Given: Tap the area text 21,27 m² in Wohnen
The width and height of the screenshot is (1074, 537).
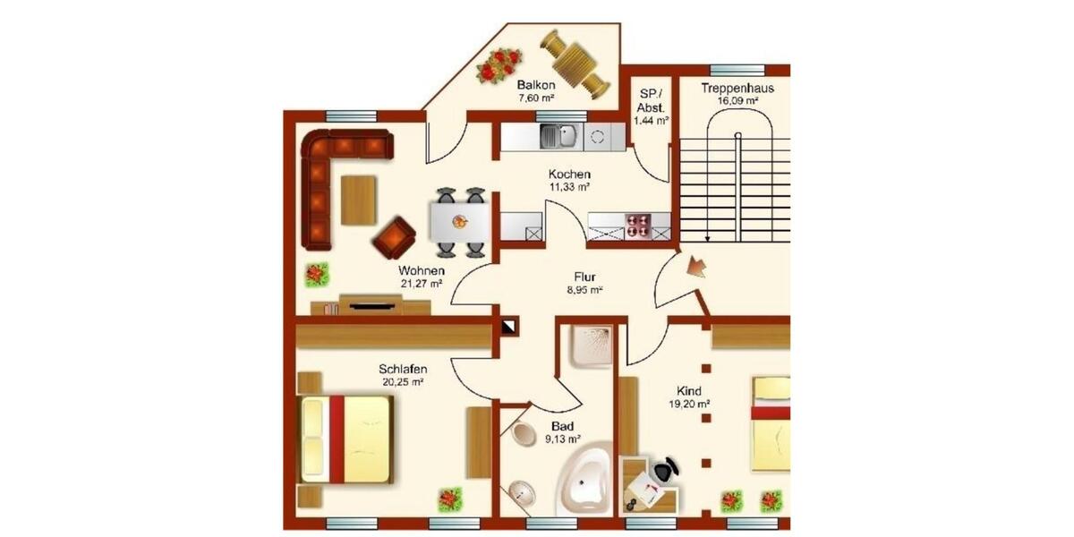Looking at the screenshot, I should click(422, 284).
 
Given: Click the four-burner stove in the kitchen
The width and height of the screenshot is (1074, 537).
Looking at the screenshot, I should click(637, 226).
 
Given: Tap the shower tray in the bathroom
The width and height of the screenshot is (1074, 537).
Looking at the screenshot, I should click(591, 346).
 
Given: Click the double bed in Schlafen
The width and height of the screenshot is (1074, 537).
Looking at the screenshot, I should click(345, 439).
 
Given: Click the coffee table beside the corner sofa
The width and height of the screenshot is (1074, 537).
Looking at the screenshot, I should click(359, 200).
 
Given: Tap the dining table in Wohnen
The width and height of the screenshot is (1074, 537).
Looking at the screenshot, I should click(460, 222).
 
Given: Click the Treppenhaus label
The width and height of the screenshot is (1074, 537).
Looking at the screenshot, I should click(737, 89).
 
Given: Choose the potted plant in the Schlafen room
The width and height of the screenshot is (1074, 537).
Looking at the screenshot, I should click(449, 499).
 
